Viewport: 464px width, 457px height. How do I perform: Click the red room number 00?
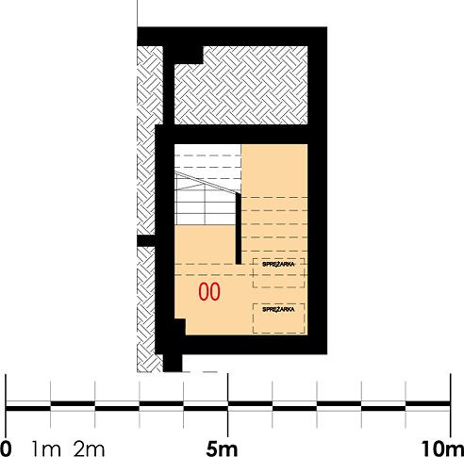click(x=209, y=292)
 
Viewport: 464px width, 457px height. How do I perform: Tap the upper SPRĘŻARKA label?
click(x=278, y=264)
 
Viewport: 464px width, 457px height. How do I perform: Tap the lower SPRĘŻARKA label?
click(x=278, y=309)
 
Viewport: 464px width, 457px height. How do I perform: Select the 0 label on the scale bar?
click(x=6, y=449)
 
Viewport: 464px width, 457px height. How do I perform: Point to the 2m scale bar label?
click(x=89, y=449)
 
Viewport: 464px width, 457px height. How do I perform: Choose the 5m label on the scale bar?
click(x=222, y=449)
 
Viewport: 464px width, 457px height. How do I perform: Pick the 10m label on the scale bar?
click(x=442, y=449)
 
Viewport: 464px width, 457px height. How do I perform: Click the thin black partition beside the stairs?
click(x=239, y=229)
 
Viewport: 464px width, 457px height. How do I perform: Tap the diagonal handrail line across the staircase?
click(x=207, y=183)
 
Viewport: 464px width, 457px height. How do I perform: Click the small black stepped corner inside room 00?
click(x=180, y=327)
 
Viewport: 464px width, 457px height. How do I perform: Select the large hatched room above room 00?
click(x=241, y=86)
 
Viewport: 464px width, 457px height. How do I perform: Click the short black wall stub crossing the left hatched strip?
click(x=146, y=241)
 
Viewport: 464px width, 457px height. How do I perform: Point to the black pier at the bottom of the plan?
click(x=173, y=363)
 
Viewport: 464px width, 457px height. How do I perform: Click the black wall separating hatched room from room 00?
click(x=240, y=135)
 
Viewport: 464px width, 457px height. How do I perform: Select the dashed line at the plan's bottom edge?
click(x=200, y=372)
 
